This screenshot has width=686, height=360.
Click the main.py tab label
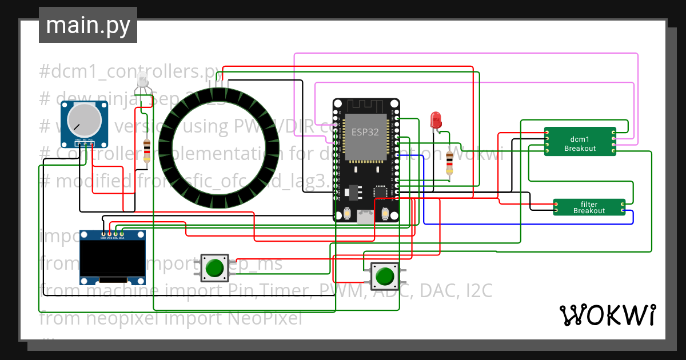tap(87, 26)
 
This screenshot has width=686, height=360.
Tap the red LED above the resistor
tap(436, 119)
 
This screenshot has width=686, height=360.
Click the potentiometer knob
tap(84, 119)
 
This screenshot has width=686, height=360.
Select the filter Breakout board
tap(589, 207)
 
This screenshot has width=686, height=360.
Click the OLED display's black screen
tap(112, 257)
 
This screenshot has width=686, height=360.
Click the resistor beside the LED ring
tap(147, 151)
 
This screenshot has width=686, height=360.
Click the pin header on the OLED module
tap(112, 234)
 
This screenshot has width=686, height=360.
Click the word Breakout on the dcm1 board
tap(580, 149)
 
